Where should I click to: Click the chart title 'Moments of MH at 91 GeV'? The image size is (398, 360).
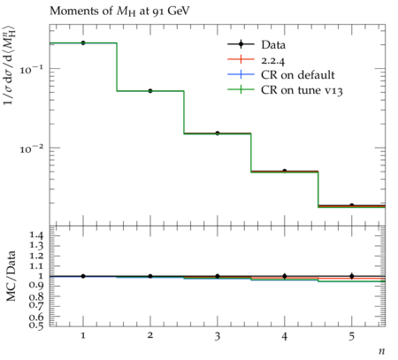pos(119,11)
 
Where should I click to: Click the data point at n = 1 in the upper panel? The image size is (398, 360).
pos(83,43)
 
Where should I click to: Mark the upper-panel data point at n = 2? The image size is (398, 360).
pos(150,91)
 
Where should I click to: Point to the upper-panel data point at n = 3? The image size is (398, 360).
pos(218,134)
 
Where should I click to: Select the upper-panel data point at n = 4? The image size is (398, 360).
pos(285,171)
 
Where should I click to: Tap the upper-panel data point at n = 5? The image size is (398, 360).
pos(352,205)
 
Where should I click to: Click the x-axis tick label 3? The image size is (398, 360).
pos(218,336)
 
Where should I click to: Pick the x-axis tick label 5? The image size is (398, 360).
pos(352,336)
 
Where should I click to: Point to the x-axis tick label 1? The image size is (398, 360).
pos(83,335)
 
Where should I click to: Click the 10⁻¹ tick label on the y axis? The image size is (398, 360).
pos(31,70)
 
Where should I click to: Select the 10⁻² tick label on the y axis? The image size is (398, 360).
pos(31,149)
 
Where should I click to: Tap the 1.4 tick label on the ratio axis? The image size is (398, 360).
pos(36,235)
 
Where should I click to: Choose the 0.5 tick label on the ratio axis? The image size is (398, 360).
pos(36,325)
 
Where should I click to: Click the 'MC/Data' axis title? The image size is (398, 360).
pos(11,276)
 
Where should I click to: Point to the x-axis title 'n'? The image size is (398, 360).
pos(382,351)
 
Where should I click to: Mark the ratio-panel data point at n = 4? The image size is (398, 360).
pos(285,276)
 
